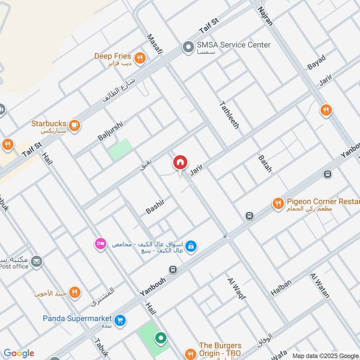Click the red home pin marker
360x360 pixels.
pos(180,162)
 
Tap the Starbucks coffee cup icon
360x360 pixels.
pos(75,126)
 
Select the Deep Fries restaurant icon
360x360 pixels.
pos(140,58)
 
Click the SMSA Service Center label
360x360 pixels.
pos(233,45)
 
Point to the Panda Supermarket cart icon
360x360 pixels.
pos(120,320)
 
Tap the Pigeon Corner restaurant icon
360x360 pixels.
pos(278,204)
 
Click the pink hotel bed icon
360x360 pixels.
pos(99,243)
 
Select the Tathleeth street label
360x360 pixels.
pos(229,115)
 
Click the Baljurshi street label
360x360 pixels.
pos(110,130)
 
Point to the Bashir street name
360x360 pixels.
pos(156,207)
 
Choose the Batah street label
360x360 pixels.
pos(265,164)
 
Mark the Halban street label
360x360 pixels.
pos(281,288)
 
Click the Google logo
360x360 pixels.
pos(18,353)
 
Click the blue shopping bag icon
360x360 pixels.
pos(191,246)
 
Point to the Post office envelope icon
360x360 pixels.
pos(36,261)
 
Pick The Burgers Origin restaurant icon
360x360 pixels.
pos(191,353)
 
